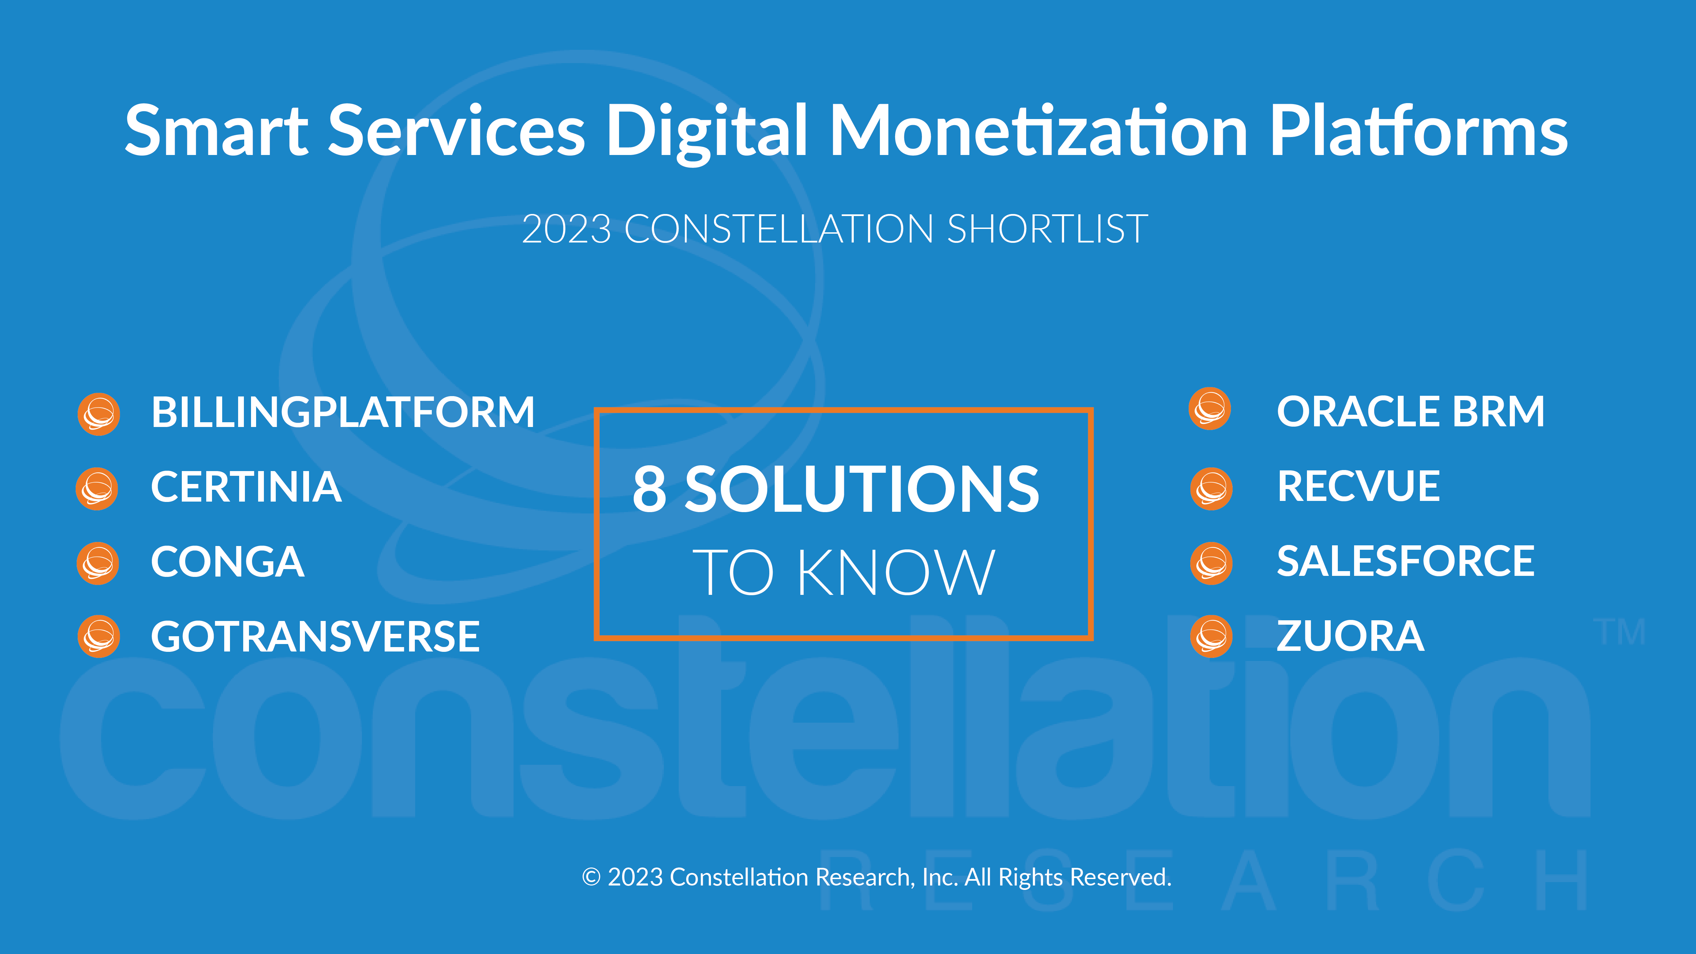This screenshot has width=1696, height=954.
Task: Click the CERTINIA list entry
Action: coord(246,487)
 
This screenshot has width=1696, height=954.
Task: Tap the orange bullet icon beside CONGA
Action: coord(97,563)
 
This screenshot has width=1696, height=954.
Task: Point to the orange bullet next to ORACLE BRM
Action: coord(1210,409)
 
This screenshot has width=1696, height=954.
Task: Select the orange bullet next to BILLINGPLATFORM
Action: coord(99,414)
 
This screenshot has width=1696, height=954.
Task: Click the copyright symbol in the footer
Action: coord(591,877)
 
